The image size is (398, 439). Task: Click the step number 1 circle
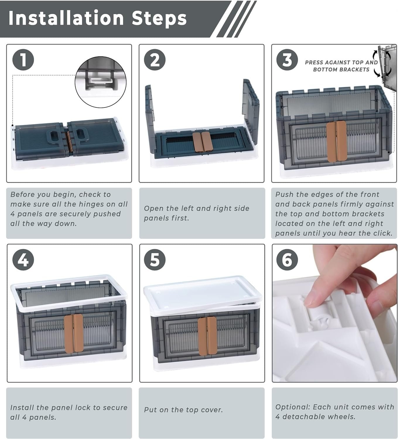click(23, 60)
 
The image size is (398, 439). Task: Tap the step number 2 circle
click(155, 60)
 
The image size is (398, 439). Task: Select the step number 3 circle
click(287, 60)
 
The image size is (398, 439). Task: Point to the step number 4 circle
click(23, 260)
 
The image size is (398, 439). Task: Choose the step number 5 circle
click(155, 260)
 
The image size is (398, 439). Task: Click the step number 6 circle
click(287, 260)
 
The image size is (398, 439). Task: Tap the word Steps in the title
click(159, 19)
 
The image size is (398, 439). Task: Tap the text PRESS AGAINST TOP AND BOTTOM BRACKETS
click(341, 66)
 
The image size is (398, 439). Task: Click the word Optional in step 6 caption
click(293, 407)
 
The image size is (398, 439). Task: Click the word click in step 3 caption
click(382, 233)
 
